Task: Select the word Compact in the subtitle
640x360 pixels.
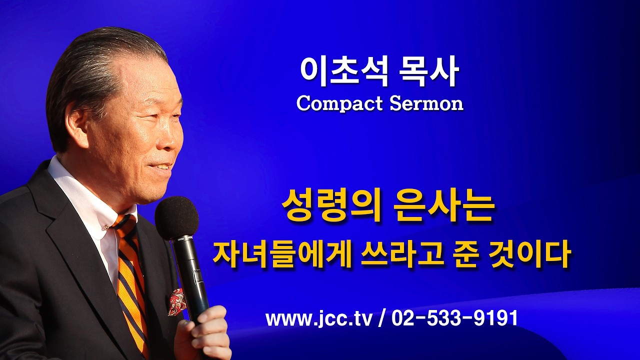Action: pos(337,103)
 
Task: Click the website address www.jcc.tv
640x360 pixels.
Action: pos(318,318)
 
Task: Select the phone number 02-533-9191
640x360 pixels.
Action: pos(454,318)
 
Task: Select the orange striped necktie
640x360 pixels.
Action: pos(131,280)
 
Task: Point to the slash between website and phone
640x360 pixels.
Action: pos(382,318)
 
